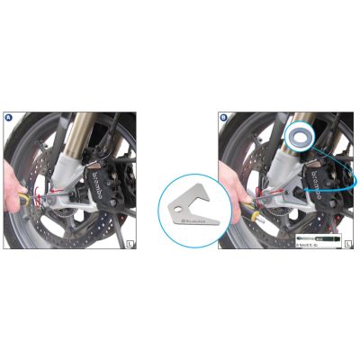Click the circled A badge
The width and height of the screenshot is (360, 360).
(8, 117)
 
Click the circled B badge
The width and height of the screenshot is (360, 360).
(224, 117)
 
